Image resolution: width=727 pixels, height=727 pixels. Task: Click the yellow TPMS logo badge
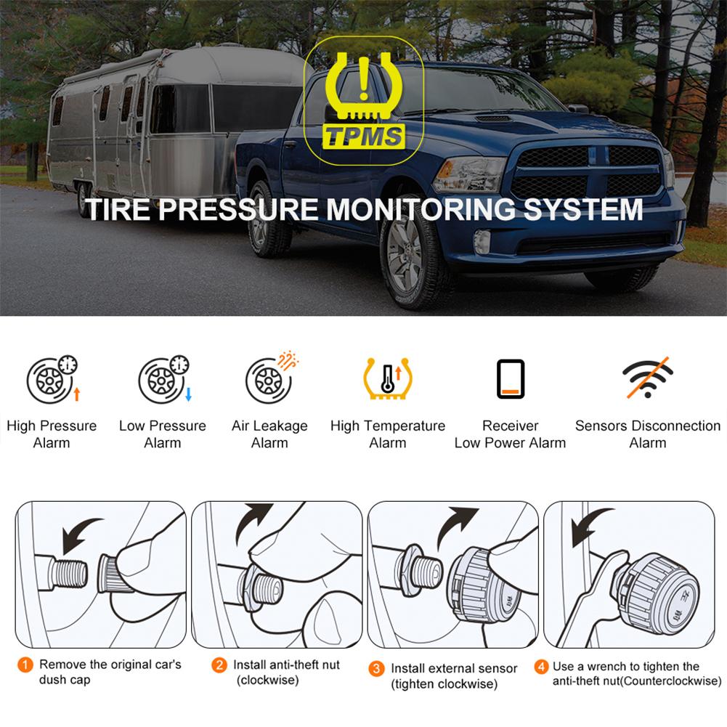click(x=364, y=99)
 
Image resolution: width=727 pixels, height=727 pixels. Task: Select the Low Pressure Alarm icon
click(x=163, y=380)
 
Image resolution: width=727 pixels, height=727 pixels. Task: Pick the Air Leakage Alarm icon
click(x=269, y=378)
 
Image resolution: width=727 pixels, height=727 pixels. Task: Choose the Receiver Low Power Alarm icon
click(x=511, y=379)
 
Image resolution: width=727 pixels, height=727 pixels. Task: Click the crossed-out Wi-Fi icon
click(x=647, y=377)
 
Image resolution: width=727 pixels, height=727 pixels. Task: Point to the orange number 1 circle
click(x=25, y=665)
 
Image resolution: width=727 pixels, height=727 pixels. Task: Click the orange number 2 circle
click(x=219, y=665)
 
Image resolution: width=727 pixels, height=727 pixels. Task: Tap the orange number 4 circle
click(x=541, y=667)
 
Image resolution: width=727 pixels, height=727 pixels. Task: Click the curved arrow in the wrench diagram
click(x=590, y=524)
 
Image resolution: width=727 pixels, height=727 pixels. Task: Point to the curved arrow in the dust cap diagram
click(x=81, y=534)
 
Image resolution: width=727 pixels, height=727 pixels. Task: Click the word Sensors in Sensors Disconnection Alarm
click(x=601, y=426)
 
